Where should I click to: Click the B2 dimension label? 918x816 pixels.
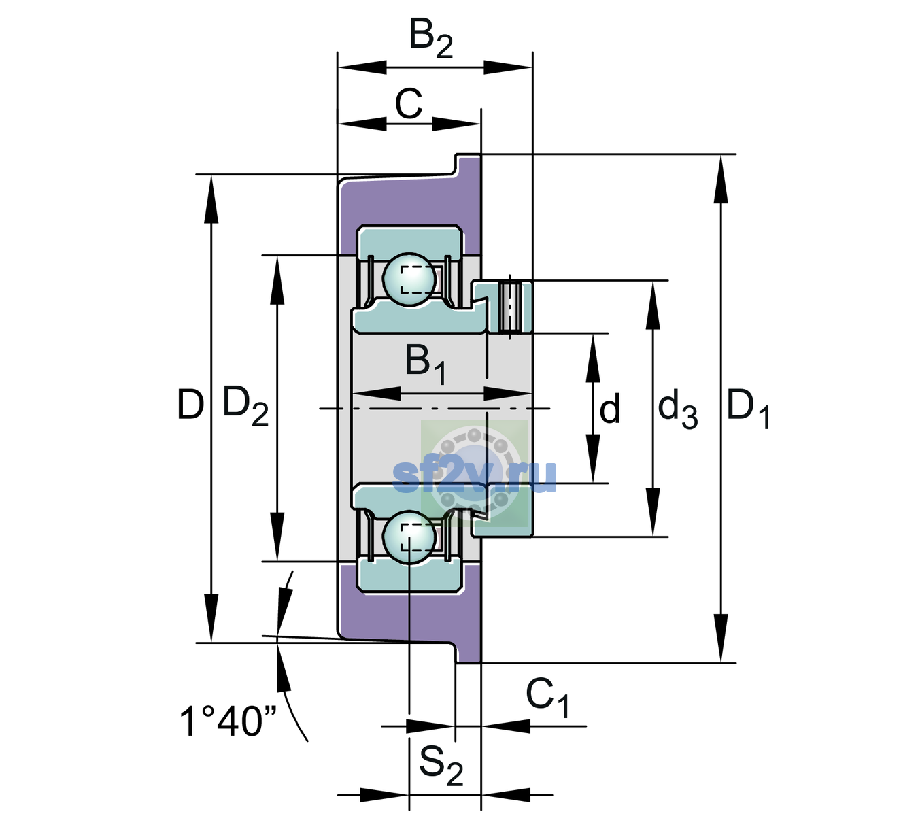pos(430,39)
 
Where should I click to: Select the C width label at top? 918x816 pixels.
pos(408,104)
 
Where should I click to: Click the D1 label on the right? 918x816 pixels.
pos(748,409)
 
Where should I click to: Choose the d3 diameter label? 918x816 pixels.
pos(677,409)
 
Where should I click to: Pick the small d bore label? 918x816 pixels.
pos(610,408)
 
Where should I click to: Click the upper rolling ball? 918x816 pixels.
pos(409,280)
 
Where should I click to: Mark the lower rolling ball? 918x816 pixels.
pos(409,538)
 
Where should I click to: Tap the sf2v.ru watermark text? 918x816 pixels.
pos(474,476)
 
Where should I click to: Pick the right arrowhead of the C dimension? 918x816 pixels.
pos(456,123)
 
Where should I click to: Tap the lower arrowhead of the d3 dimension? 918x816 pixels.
pos(653,512)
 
